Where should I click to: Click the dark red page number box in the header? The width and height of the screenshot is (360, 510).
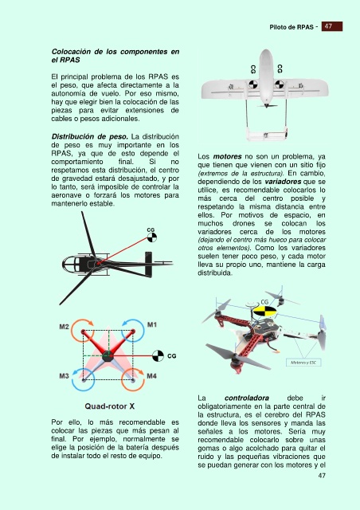click(x=331, y=26)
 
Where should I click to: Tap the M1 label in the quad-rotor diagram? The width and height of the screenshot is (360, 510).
click(x=152, y=324)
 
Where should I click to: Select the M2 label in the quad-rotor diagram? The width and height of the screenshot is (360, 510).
click(x=64, y=327)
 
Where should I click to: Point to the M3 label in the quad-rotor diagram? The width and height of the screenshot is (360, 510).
click(x=64, y=376)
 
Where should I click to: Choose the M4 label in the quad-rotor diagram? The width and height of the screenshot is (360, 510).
click(x=152, y=376)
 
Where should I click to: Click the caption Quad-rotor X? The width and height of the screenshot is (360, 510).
click(x=110, y=406)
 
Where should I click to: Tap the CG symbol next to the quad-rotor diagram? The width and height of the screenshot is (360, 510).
click(x=158, y=356)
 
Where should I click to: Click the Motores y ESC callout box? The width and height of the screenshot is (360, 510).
click(x=303, y=363)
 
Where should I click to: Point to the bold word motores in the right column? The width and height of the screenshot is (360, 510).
click(x=227, y=156)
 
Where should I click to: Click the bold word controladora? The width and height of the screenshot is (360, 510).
click(x=246, y=398)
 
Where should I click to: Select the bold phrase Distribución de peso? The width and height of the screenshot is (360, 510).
click(x=90, y=136)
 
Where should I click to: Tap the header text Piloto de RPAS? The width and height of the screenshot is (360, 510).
click(x=292, y=27)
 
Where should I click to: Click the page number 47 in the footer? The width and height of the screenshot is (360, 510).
click(x=322, y=475)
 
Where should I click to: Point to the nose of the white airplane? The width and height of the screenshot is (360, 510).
click(x=266, y=50)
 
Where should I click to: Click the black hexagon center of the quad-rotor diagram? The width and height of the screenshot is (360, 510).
click(x=108, y=356)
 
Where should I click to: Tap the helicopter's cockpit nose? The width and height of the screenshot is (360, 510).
click(x=63, y=264)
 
